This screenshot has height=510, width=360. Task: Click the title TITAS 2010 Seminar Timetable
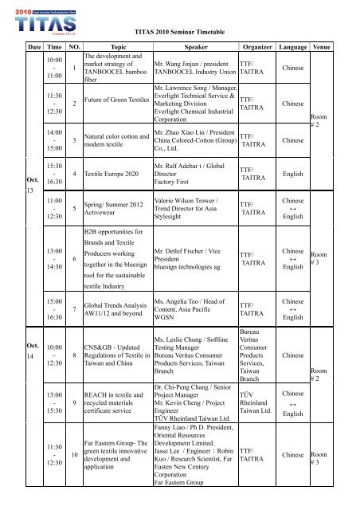(x=179, y=30)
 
